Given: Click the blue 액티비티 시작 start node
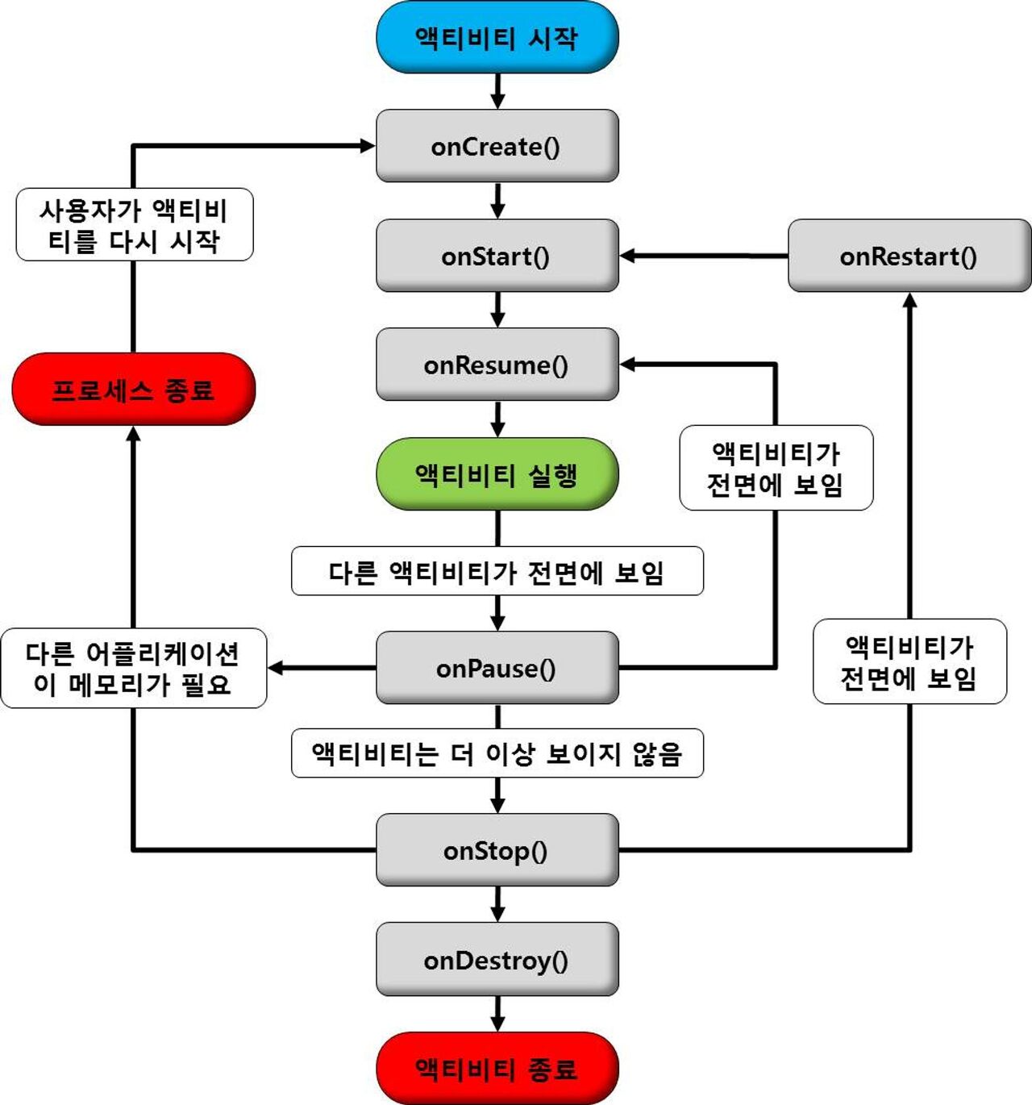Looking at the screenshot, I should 497,37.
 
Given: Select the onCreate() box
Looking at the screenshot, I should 497,146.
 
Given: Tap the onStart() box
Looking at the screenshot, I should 497,256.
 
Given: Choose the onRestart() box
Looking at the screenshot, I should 909,256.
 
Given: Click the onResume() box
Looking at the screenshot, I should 497,365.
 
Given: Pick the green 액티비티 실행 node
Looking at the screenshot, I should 497,474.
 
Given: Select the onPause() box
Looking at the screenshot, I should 497,668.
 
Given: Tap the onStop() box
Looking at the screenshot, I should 497,850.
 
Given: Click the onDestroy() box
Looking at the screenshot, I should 497,960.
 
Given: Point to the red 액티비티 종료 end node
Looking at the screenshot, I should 497,1069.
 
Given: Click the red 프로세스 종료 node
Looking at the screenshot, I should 133,390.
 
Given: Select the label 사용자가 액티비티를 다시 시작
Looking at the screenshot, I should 134,225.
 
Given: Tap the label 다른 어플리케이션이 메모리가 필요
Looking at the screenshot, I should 133,669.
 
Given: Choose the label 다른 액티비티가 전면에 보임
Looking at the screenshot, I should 497,572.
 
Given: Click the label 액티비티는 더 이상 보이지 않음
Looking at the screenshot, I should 497,753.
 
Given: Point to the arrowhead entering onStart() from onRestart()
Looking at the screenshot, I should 628,256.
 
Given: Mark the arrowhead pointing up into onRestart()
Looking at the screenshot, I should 909,300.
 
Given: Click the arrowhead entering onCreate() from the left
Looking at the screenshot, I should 368,146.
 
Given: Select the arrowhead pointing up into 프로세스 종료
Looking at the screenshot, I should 133,434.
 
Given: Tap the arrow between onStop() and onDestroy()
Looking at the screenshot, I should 497,905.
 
